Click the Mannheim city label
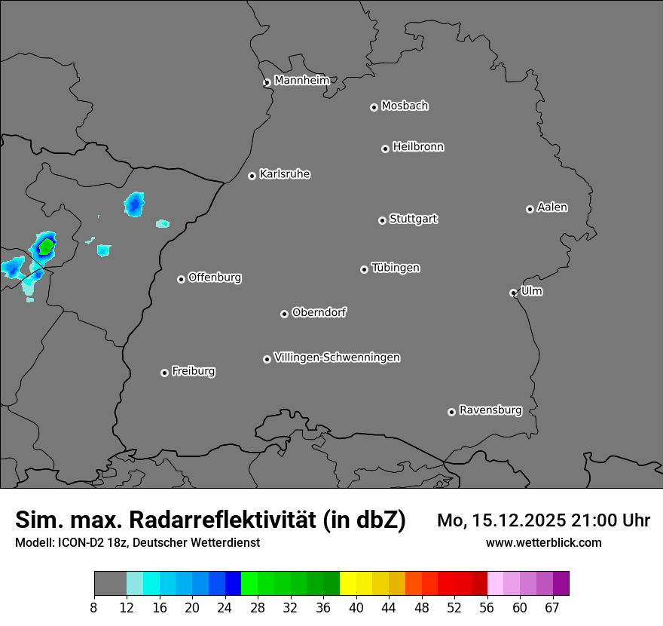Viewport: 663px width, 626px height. (x=301, y=80)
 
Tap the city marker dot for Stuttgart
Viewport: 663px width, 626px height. (x=382, y=220)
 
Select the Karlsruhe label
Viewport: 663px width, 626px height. (x=285, y=174)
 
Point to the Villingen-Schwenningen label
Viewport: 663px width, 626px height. (x=337, y=357)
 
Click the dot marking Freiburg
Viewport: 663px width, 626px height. (x=164, y=373)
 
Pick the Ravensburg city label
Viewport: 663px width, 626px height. (x=490, y=410)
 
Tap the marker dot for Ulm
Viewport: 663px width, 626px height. (x=513, y=293)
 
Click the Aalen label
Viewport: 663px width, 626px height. (x=552, y=207)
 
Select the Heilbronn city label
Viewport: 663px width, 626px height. (x=418, y=147)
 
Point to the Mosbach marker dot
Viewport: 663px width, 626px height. (x=374, y=107)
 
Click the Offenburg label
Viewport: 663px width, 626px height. (x=215, y=278)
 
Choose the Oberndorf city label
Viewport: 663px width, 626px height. (x=319, y=312)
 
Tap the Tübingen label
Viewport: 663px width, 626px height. (x=396, y=268)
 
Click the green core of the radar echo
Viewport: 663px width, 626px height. (x=46, y=245)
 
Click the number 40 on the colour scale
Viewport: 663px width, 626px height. (x=356, y=608)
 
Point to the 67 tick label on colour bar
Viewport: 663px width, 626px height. (x=552, y=608)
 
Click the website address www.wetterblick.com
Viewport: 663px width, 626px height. (x=543, y=542)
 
